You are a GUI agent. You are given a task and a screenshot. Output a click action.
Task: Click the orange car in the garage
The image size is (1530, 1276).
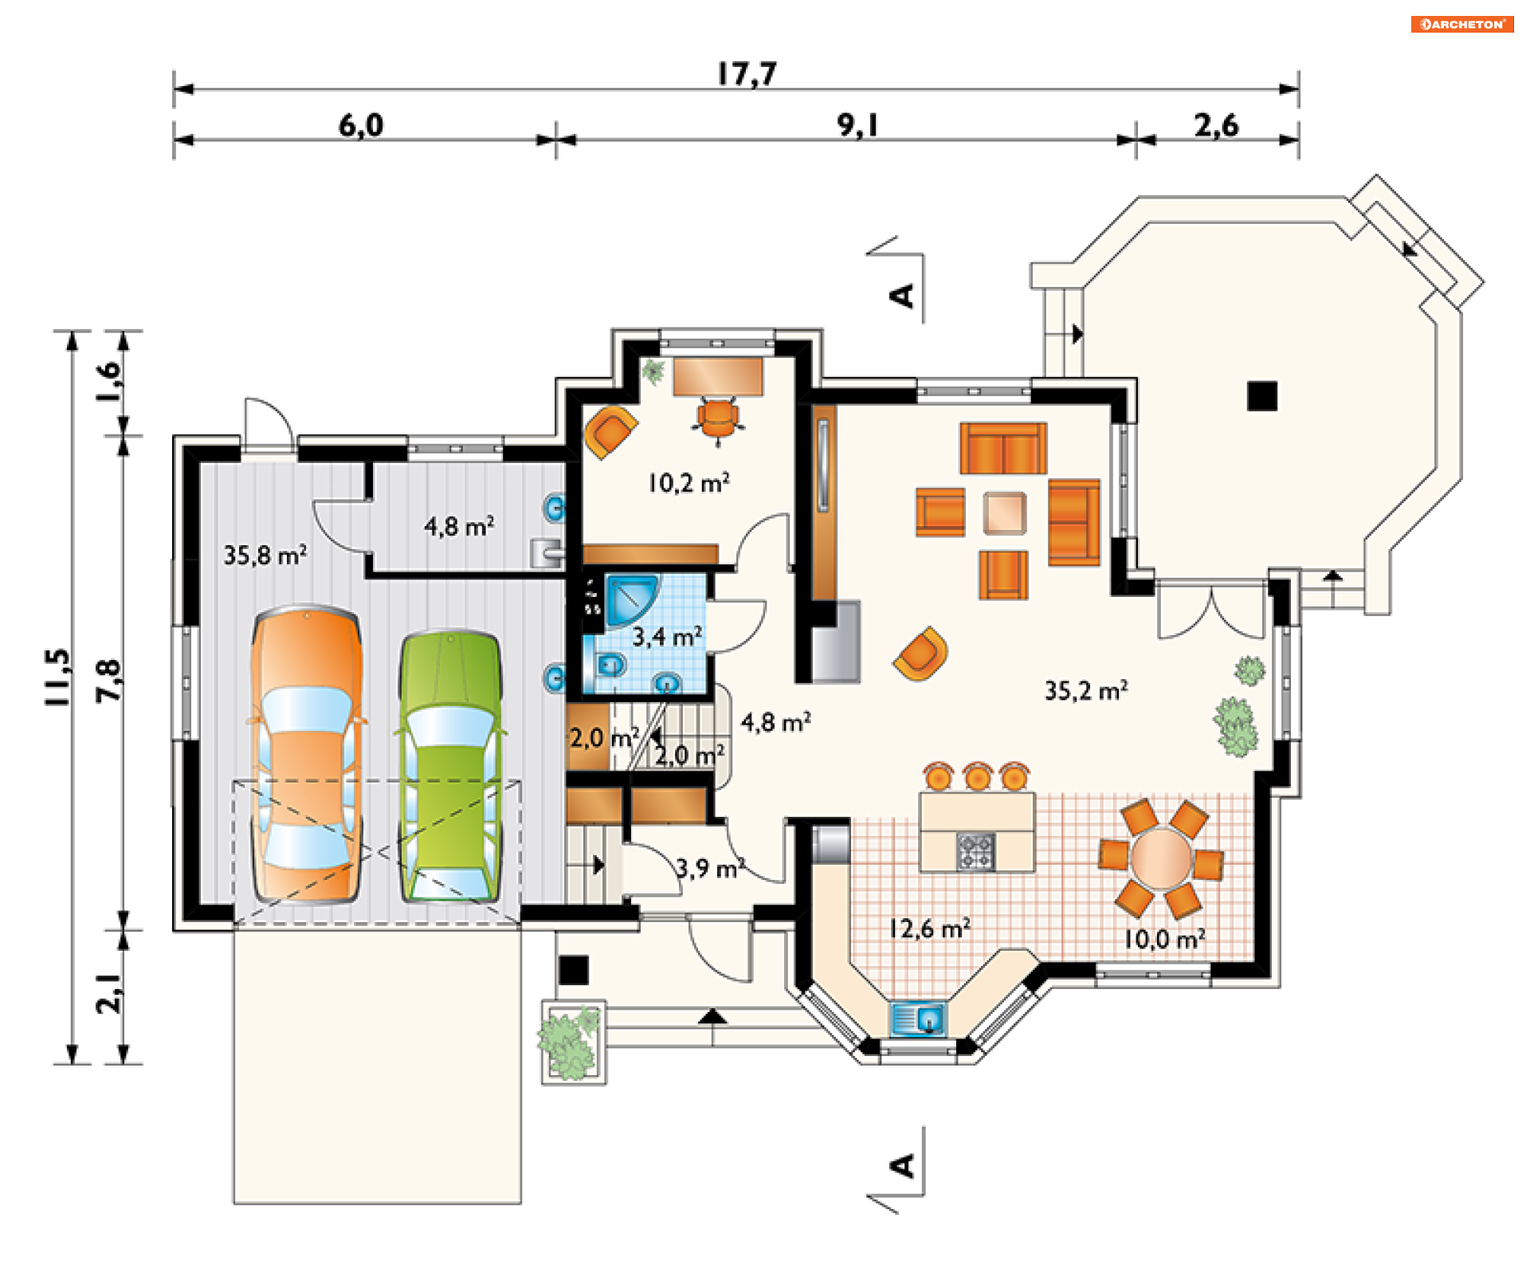pos(307,754)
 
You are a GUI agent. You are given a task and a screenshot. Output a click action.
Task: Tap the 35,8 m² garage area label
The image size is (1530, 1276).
pos(265,555)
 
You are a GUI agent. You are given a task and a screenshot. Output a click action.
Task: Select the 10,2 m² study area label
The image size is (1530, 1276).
pos(688,482)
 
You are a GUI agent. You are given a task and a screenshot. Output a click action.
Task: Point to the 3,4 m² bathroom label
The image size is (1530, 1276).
pos(668,637)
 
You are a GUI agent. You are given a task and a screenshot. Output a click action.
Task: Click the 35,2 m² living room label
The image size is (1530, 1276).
pos(1086,690)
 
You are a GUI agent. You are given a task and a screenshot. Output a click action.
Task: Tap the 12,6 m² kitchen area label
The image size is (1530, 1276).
pos(929,929)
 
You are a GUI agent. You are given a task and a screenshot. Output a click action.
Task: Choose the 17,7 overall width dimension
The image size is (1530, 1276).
pos(747,74)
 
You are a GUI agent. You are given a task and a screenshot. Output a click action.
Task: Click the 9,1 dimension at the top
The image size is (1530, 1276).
pos(858,125)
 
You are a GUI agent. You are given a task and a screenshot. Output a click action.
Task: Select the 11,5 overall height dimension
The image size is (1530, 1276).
pos(57,677)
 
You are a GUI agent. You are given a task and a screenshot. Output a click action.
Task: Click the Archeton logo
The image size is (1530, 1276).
pos(1462,24)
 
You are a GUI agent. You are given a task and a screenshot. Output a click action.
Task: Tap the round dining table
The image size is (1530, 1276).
pos(1161,858)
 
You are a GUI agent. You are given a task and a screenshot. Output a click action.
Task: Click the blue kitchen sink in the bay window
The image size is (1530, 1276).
pos(917,1019)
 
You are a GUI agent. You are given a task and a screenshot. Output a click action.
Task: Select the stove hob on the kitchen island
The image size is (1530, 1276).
pos(975,851)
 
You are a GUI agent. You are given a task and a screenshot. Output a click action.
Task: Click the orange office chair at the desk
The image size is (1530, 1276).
pos(718,418)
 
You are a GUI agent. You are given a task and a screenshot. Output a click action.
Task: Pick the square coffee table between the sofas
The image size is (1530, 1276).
pos(1004,512)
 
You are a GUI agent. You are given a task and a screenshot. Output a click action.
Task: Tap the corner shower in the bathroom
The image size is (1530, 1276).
pos(632,599)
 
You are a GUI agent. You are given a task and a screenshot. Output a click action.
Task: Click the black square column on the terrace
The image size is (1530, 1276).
pos(1262,396)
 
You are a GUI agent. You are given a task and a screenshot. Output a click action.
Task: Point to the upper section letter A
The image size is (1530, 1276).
pos(901,296)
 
